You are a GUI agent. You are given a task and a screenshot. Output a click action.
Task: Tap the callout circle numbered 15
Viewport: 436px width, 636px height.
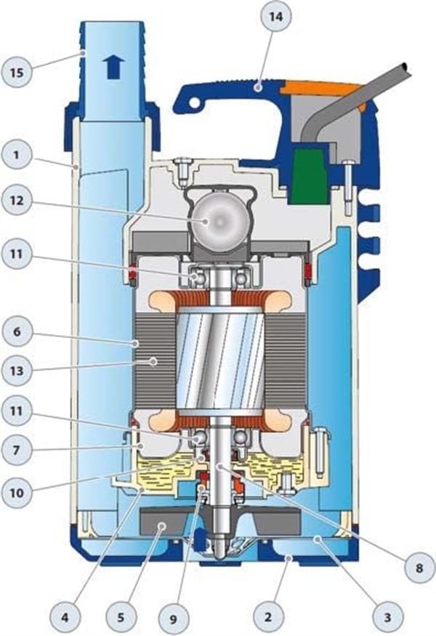[17, 72]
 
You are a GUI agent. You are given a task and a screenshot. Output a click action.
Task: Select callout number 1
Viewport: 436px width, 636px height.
[17, 156]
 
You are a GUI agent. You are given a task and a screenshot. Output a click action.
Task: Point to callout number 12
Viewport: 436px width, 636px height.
[17, 200]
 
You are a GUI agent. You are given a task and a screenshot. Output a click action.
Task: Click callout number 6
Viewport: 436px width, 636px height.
[17, 331]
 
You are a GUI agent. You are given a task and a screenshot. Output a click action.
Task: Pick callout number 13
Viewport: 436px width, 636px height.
[17, 371]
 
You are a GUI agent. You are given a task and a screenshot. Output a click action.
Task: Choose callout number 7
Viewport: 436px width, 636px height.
[17, 450]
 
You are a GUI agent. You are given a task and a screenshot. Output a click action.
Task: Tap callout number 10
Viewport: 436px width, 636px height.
[17, 494]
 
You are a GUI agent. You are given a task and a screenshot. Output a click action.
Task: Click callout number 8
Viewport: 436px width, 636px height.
[419, 568]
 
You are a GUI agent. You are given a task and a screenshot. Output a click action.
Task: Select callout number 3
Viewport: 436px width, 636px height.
[388, 618]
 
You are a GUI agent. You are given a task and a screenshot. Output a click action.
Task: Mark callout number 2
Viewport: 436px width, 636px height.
[268, 618]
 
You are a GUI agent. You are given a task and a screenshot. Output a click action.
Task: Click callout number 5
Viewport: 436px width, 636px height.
[121, 618]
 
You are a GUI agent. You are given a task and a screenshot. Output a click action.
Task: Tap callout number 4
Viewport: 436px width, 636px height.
[65, 618]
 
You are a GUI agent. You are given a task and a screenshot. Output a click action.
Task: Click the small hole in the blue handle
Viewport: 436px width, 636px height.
[195, 103]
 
